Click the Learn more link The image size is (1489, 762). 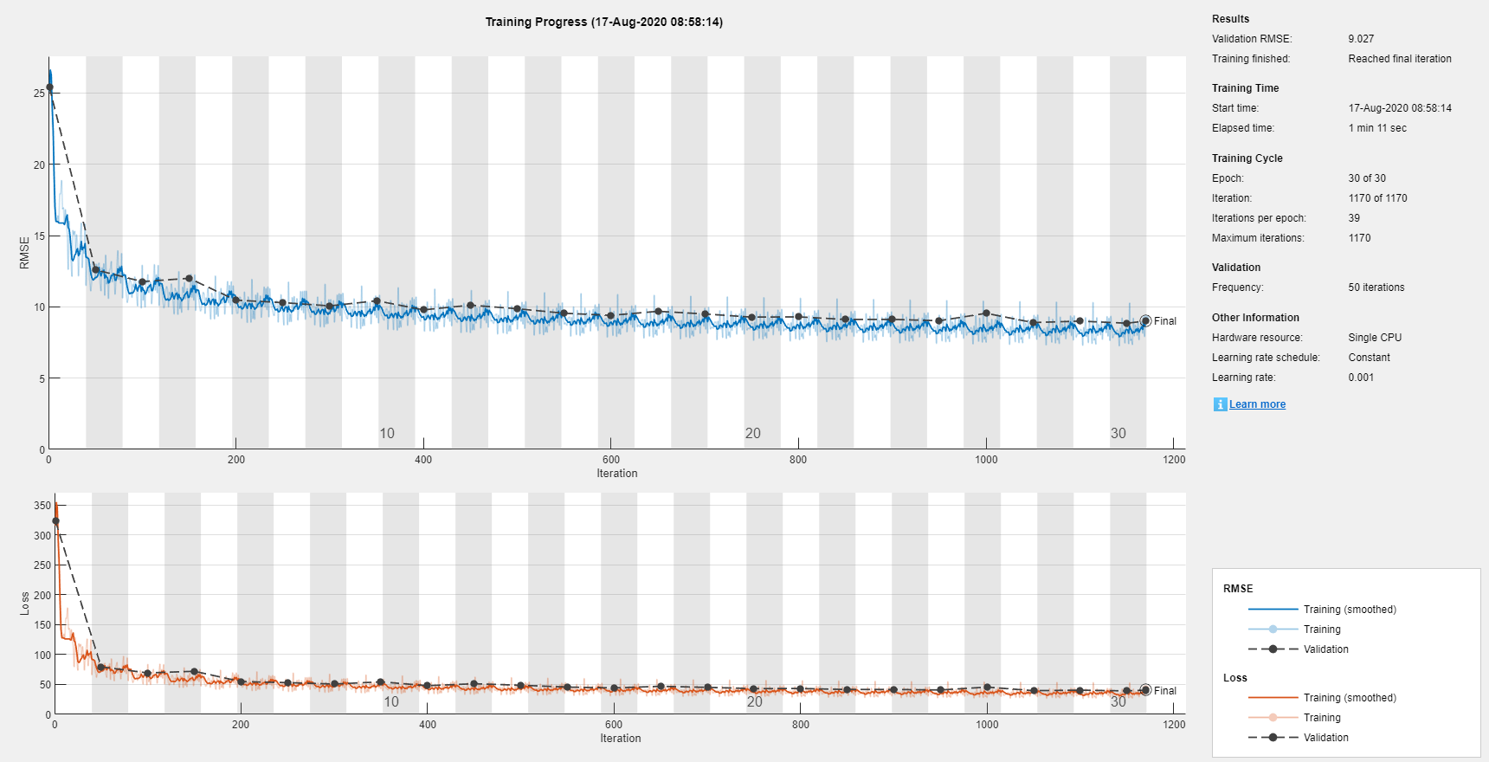coord(1257,404)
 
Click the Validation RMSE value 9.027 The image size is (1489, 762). coord(1361,39)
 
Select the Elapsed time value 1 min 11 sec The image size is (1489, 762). coord(1376,128)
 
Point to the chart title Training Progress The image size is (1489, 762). coord(603,22)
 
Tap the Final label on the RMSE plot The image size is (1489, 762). coord(1165,321)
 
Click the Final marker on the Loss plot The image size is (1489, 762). coord(1145,690)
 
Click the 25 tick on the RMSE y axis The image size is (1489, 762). coord(39,93)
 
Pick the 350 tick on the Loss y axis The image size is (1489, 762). coord(42,506)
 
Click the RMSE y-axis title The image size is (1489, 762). coord(24,253)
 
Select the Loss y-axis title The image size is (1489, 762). coord(24,604)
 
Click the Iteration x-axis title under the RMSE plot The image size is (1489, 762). coord(616,474)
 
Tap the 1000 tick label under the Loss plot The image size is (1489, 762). coord(987,725)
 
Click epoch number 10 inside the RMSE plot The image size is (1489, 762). coord(387,433)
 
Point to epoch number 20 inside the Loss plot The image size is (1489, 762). coord(755,701)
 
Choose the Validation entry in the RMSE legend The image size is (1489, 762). coord(1325,649)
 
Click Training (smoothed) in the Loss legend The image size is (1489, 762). coord(1349,698)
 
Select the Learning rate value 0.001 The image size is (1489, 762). coord(1361,378)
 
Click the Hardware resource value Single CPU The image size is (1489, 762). coord(1375,338)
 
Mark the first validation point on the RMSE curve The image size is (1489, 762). coord(49,87)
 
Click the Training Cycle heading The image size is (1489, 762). coord(1247,158)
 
